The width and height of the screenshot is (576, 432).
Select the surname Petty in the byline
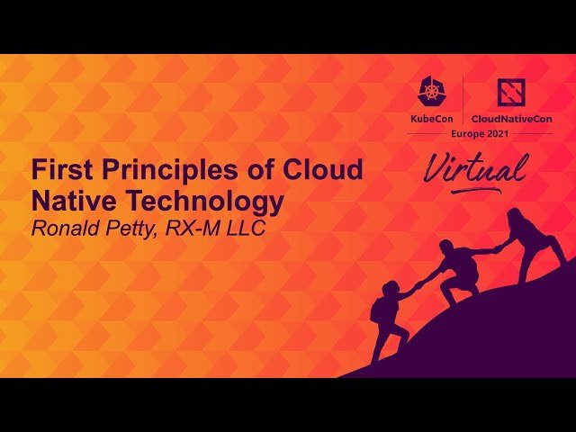(x=138, y=228)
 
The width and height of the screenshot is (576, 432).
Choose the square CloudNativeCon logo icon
(x=513, y=92)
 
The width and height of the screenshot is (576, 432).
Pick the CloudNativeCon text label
(x=513, y=117)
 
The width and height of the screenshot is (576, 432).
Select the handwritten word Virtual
(x=475, y=170)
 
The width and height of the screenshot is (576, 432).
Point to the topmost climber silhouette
(x=531, y=238)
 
